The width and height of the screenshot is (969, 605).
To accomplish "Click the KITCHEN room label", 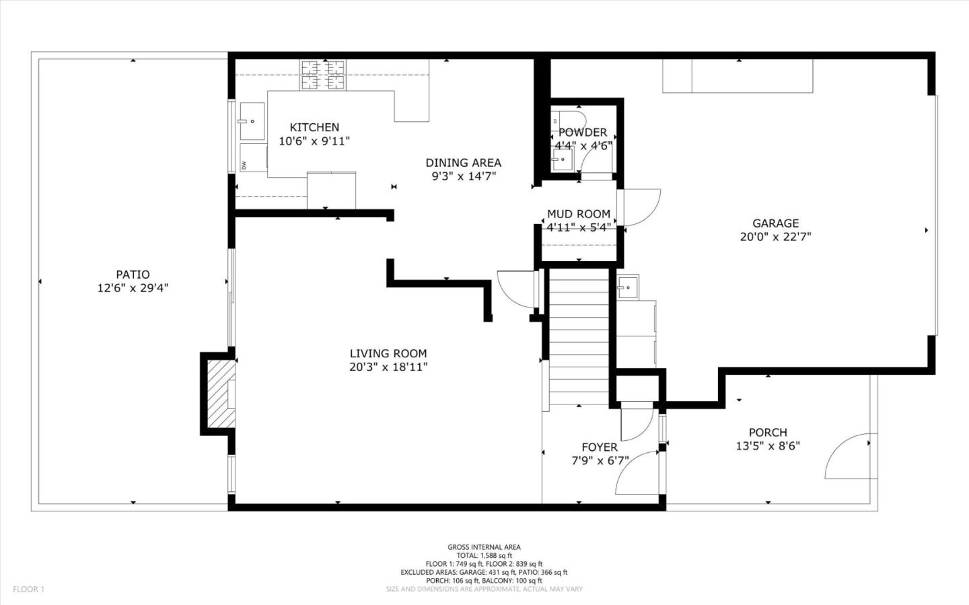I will tap(314, 127).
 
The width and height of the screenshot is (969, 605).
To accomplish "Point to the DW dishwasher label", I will tap(244, 165).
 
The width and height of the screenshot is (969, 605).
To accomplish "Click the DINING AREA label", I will tap(463, 162).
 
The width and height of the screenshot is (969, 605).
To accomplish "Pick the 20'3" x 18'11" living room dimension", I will tap(388, 367).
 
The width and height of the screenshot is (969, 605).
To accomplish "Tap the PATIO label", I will tap(133, 275).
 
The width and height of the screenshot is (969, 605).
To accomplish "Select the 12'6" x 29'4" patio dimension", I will tap(133, 288).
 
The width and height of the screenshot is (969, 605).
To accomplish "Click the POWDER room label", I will tap(583, 133).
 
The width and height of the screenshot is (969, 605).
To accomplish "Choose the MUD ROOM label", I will tap(579, 214).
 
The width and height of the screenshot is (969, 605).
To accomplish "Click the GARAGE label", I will tap(776, 223).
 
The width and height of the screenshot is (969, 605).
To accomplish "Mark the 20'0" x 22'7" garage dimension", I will tap(776, 237).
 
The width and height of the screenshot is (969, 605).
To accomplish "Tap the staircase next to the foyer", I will tap(579, 336).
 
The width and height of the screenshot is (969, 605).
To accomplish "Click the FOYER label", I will tap(600, 448).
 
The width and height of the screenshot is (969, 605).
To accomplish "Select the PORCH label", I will tap(768, 433).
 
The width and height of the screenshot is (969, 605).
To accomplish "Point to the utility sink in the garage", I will tap(628, 287).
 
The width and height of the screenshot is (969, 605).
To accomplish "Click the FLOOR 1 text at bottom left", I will tap(29, 590).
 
